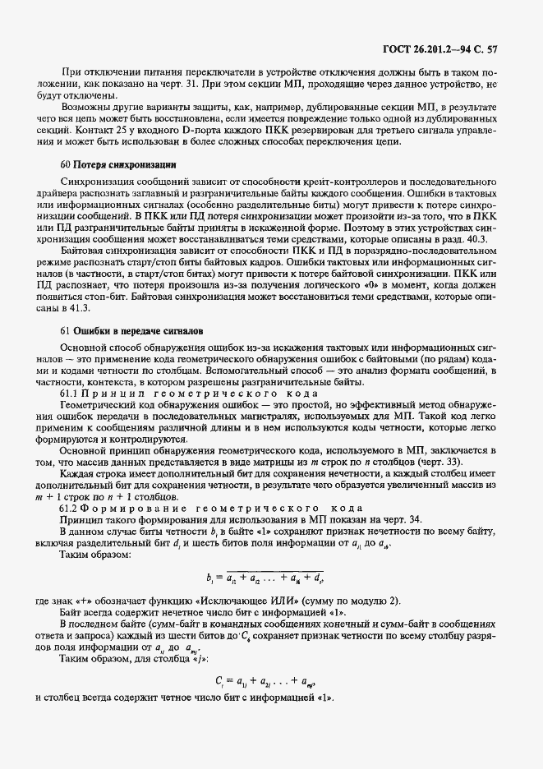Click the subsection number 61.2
click(71, 509)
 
